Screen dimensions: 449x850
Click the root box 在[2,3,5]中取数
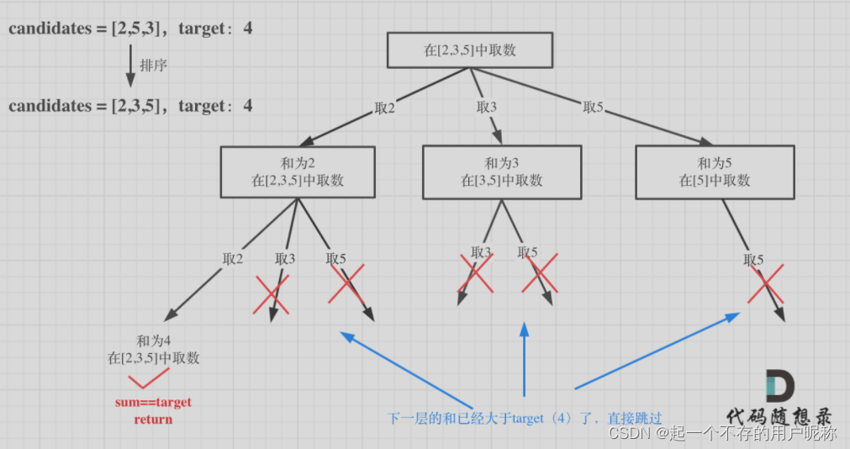(x=469, y=50)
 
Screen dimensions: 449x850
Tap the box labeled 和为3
(x=502, y=172)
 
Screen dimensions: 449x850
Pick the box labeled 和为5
(x=715, y=172)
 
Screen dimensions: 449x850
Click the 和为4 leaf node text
(x=154, y=349)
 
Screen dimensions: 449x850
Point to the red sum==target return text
(x=153, y=410)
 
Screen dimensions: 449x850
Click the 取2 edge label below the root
(x=384, y=108)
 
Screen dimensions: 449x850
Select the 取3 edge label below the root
(x=487, y=107)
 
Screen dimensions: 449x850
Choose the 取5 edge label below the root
(x=594, y=107)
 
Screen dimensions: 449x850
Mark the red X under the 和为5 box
(x=766, y=284)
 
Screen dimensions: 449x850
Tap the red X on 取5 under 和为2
(x=346, y=283)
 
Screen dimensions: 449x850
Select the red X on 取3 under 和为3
(x=476, y=273)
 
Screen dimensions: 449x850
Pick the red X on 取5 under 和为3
(x=539, y=273)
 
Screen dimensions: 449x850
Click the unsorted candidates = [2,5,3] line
(x=130, y=29)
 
